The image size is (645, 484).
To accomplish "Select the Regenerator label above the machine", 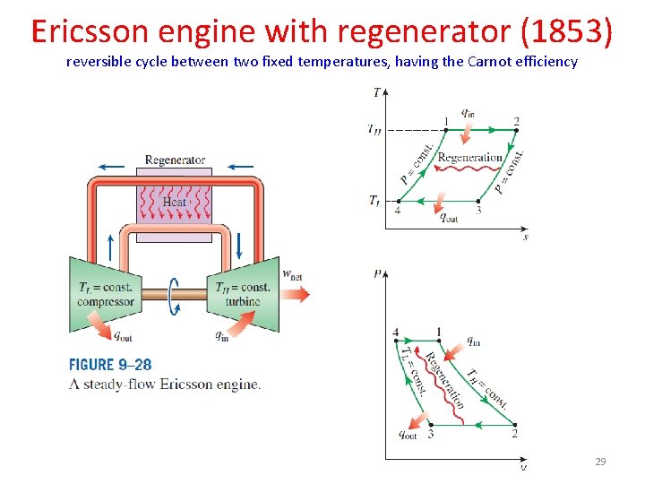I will pyautogui.click(x=175, y=160).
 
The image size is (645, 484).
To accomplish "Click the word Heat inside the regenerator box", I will pyautogui.click(x=175, y=202).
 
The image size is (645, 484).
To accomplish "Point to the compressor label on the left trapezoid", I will pyautogui.click(x=106, y=302).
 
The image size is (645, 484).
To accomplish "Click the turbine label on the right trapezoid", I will pyautogui.click(x=242, y=302).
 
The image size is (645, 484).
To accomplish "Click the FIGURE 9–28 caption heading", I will pyautogui.click(x=110, y=366).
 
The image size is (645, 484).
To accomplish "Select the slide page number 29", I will pyautogui.click(x=600, y=462).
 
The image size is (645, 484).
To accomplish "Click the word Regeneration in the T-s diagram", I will pyautogui.click(x=469, y=158).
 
